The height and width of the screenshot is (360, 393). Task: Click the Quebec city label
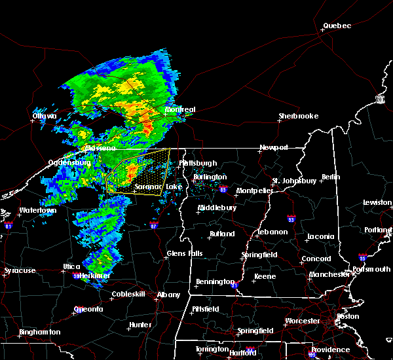pos(337,26)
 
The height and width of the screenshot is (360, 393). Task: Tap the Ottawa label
pos(45,117)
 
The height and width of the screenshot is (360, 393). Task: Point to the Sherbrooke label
pos(298,116)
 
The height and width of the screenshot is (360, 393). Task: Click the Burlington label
pos(210,177)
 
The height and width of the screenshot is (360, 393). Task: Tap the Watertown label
pos(37,211)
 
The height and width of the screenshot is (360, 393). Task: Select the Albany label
pos(168,295)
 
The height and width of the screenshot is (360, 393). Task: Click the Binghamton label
pos(39,332)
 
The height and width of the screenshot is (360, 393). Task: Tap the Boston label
pos(347,316)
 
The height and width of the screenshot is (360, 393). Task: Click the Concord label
pos(316,259)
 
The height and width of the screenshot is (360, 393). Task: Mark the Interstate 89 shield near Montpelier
pos(224,190)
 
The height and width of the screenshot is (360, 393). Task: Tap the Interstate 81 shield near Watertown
pos(9,225)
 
